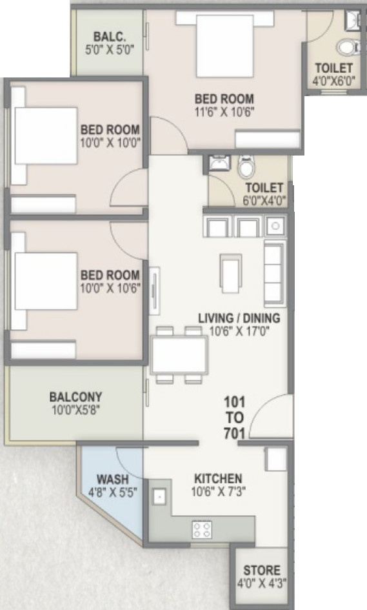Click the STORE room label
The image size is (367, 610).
pyautogui.click(x=262, y=571)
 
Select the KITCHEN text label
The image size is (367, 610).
pyautogui.click(x=218, y=478)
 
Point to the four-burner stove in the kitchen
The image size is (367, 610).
pyautogui.click(x=202, y=529)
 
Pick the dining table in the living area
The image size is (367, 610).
pyautogui.click(x=179, y=355)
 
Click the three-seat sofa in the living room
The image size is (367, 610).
pyautogui.click(x=273, y=272)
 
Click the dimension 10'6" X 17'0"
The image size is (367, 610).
pyautogui.click(x=239, y=331)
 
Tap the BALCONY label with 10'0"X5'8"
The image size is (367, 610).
pyautogui.click(x=75, y=402)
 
